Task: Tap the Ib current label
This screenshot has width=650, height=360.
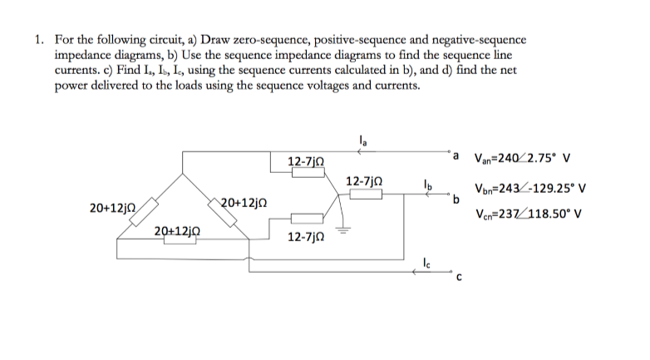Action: coord(427,184)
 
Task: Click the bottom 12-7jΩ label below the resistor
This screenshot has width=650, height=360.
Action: coord(305,237)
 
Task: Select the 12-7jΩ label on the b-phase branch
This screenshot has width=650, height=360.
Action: coord(363,181)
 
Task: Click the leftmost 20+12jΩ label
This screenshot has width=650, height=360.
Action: coord(108,203)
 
